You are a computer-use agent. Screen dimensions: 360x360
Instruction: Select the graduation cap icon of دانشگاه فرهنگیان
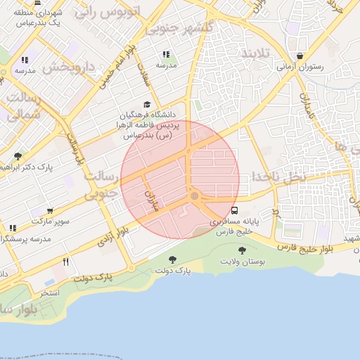point(147,104)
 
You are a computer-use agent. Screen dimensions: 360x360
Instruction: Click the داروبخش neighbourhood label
point(67,68)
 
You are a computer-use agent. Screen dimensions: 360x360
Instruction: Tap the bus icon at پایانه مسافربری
point(234,210)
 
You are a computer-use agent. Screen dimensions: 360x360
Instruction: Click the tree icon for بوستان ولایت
point(242,250)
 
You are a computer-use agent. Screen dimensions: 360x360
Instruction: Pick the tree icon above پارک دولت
point(172,260)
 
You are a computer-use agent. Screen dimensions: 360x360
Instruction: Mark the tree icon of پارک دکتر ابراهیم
point(18,156)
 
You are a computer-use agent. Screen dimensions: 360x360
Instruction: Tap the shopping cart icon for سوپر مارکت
point(50,211)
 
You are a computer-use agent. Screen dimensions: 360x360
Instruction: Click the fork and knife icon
point(66,262)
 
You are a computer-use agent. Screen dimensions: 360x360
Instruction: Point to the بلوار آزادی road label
point(113,235)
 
